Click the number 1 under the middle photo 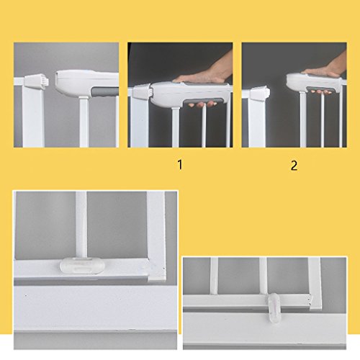[180, 165]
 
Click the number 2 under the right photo [294, 166]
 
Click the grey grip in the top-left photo [105, 92]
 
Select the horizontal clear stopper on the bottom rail [82, 266]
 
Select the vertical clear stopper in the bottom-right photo [274, 307]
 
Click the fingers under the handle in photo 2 [321, 92]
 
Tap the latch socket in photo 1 [142, 91]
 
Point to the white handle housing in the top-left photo [86, 83]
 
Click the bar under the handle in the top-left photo [84, 122]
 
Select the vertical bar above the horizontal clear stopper [81, 225]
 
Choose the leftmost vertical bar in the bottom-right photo [215, 276]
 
